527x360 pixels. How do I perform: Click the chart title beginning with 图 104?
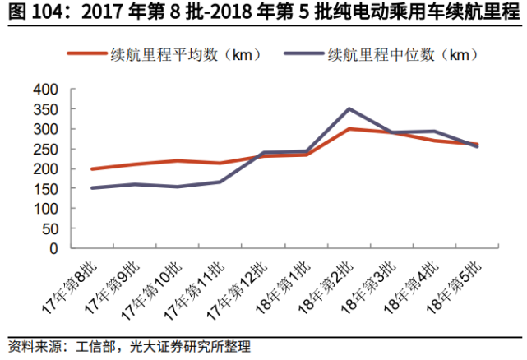[x=263, y=13]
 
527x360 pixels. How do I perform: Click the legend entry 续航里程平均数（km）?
[x=186, y=54]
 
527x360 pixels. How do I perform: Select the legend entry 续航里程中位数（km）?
[x=403, y=54]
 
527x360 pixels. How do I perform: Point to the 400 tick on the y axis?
[x=47, y=89]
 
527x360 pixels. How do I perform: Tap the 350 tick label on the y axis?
[x=47, y=109]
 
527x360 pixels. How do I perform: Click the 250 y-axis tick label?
[x=47, y=149]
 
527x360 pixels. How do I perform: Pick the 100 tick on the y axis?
[x=47, y=209]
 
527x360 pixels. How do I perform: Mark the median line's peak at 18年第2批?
[x=349, y=108]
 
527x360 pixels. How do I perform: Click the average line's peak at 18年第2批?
[x=349, y=129]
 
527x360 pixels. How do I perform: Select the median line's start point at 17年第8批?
[x=92, y=188]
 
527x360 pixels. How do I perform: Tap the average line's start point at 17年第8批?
[x=92, y=168]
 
